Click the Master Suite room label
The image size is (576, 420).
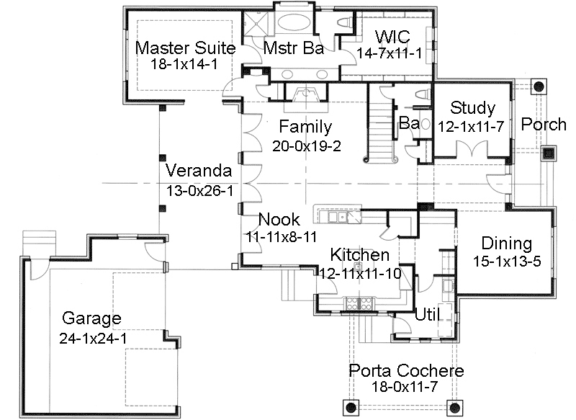pyautogui.click(x=185, y=48)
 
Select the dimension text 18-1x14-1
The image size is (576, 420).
pyautogui.click(x=184, y=65)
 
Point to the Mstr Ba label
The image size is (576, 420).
pyautogui.click(x=292, y=48)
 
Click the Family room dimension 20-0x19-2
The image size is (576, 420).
pyautogui.click(x=306, y=145)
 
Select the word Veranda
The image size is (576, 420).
pyautogui.click(x=198, y=171)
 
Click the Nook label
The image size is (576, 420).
pyautogui.click(x=274, y=220)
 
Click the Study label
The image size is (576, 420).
pyautogui.click(x=472, y=108)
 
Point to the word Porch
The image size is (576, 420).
pyautogui.click(x=544, y=124)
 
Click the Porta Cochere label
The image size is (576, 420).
pyautogui.click(x=406, y=371)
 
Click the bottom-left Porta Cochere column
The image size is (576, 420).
pyautogui.click(x=351, y=407)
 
